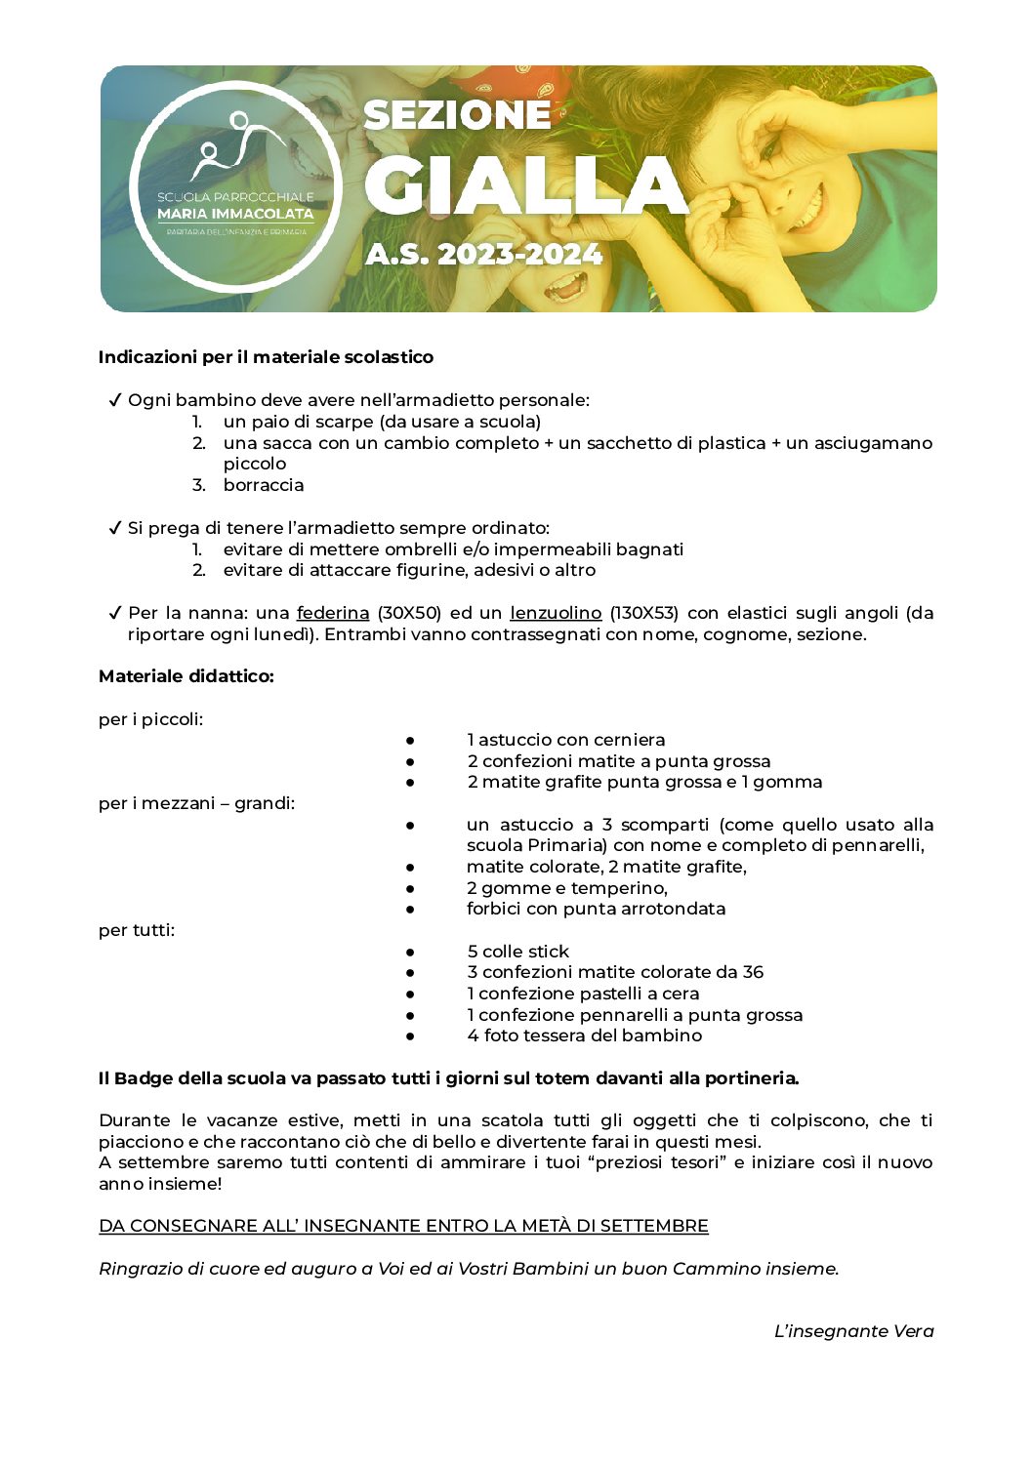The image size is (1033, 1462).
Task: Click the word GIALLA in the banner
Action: pyautogui.click(x=526, y=185)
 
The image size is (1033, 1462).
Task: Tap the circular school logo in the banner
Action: pyautogui.click(x=234, y=185)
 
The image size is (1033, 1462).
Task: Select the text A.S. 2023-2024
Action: pyautogui.click(x=483, y=255)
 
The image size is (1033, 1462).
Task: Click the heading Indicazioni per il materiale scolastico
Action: pyautogui.click(x=266, y=357)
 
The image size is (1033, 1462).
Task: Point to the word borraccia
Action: pyautogui.click(x=264, y=485)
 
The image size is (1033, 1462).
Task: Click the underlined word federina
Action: pyautogui.click(x=333, y=613)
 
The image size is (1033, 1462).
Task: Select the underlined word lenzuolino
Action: pyautogui.click(x=556, y=613)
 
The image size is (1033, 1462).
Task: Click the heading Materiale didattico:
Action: pyautogui.click(x=186, y=676)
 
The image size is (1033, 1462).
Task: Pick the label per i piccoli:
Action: pyautogui.click(x=151, y=719)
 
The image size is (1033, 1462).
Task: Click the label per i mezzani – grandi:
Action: pyautogui.click(x=196, y=803)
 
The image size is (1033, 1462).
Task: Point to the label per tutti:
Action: pyautogui.click(x=137, y=930)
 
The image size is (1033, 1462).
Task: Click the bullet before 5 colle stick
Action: pyautogui.click(x=411, y=952)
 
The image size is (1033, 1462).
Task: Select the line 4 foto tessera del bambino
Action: pyautogui.click(x=584, y=1036)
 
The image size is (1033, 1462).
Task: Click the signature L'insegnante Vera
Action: pyautogui.click(x=853, y=1331)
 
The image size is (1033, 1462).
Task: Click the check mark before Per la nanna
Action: pyautogui.click(x=114, y=613)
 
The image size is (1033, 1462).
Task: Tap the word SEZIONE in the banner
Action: pyautogui.click(x=457, y=115)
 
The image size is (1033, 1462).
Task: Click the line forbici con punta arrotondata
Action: pyautogui.click(x=596, y=909)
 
